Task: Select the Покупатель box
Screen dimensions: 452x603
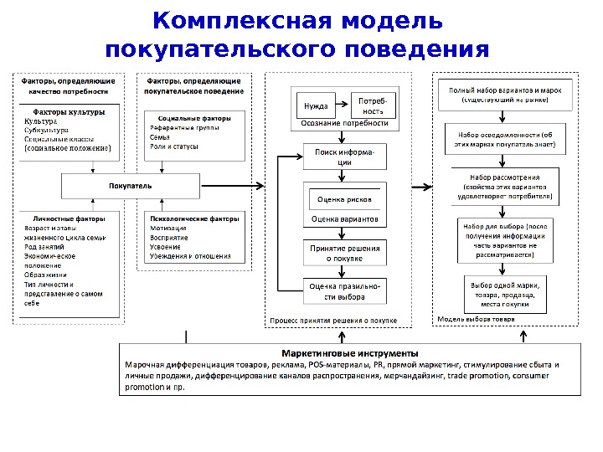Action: tap(131, 185)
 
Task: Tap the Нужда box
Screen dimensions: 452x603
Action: tap(315, 106)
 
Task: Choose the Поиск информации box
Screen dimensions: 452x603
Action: tap(344, 157)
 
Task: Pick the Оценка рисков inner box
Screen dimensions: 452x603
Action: tap(344, 200)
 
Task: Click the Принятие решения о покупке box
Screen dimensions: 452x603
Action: tap(344, 254)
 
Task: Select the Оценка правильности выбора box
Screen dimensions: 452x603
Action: tap(344, 290)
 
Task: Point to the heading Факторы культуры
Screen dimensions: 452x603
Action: tap(69, 111)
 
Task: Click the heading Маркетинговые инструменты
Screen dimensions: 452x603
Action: tap(349, 352)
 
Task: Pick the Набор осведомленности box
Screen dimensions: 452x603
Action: tap(505, 139)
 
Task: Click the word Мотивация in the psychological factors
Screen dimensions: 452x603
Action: tap(167, 228)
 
